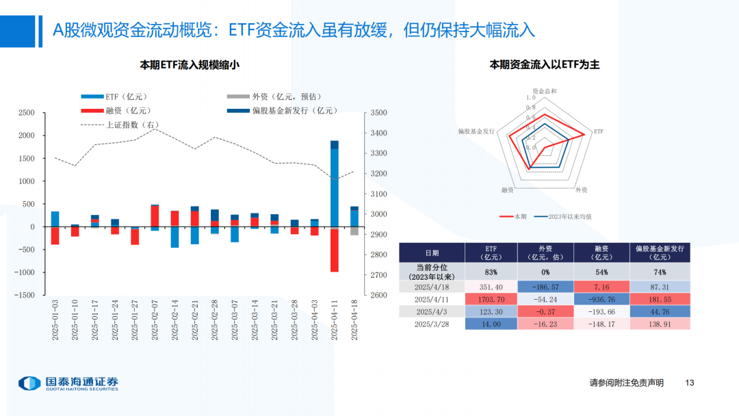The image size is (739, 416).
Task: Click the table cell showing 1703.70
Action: tap(491, 300)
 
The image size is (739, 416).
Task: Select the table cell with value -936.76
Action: tap(601, 300)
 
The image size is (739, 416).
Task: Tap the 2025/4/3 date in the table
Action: tap(432, 312)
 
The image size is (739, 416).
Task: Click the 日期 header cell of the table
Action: tap(432, 252)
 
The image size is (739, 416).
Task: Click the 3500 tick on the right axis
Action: tap(378, 113)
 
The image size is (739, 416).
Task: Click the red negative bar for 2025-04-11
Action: tap(335, 250)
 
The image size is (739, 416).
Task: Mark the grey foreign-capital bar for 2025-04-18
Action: tap(354, 231)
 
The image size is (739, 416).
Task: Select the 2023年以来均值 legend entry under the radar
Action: tap(563, 216)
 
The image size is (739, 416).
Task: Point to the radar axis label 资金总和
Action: tap(545, 90)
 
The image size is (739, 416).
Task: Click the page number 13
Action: tap(689, 382)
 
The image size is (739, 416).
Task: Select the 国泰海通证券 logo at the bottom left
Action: tap(68, 383)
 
